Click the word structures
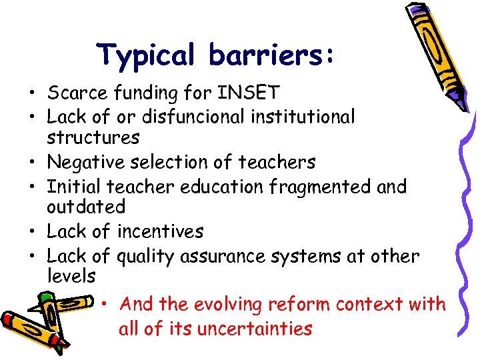(93, 138)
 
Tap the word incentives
(160, 232)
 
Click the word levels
(71, 276)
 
